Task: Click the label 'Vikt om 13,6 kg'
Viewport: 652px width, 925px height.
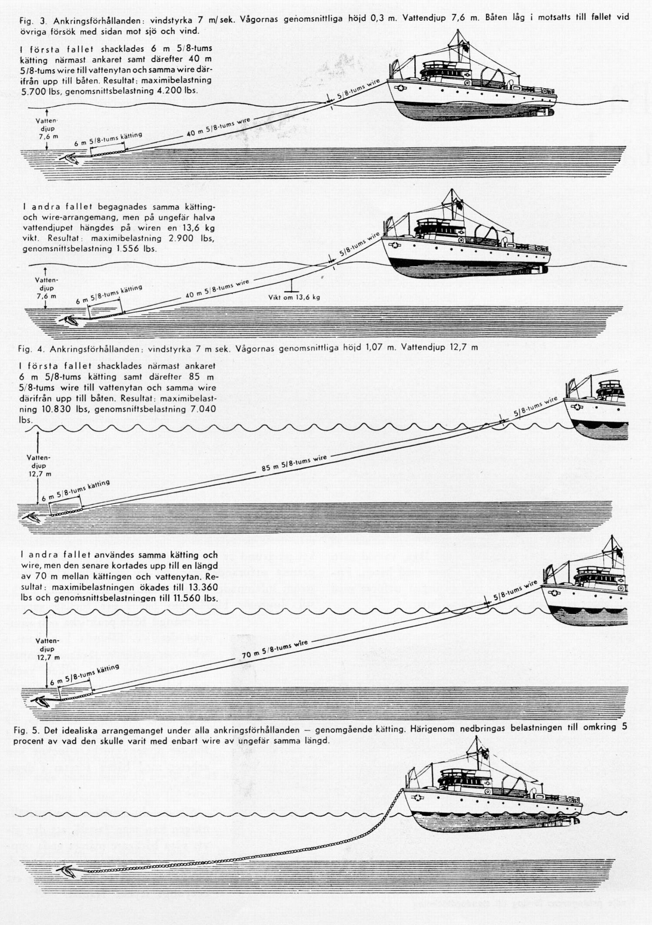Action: click(294, 297)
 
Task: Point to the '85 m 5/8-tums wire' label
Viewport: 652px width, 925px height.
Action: click(294, 463)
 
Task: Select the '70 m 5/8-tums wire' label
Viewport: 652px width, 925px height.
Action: click(275, 649)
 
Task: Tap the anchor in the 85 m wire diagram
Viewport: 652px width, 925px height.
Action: click(31, 517)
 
